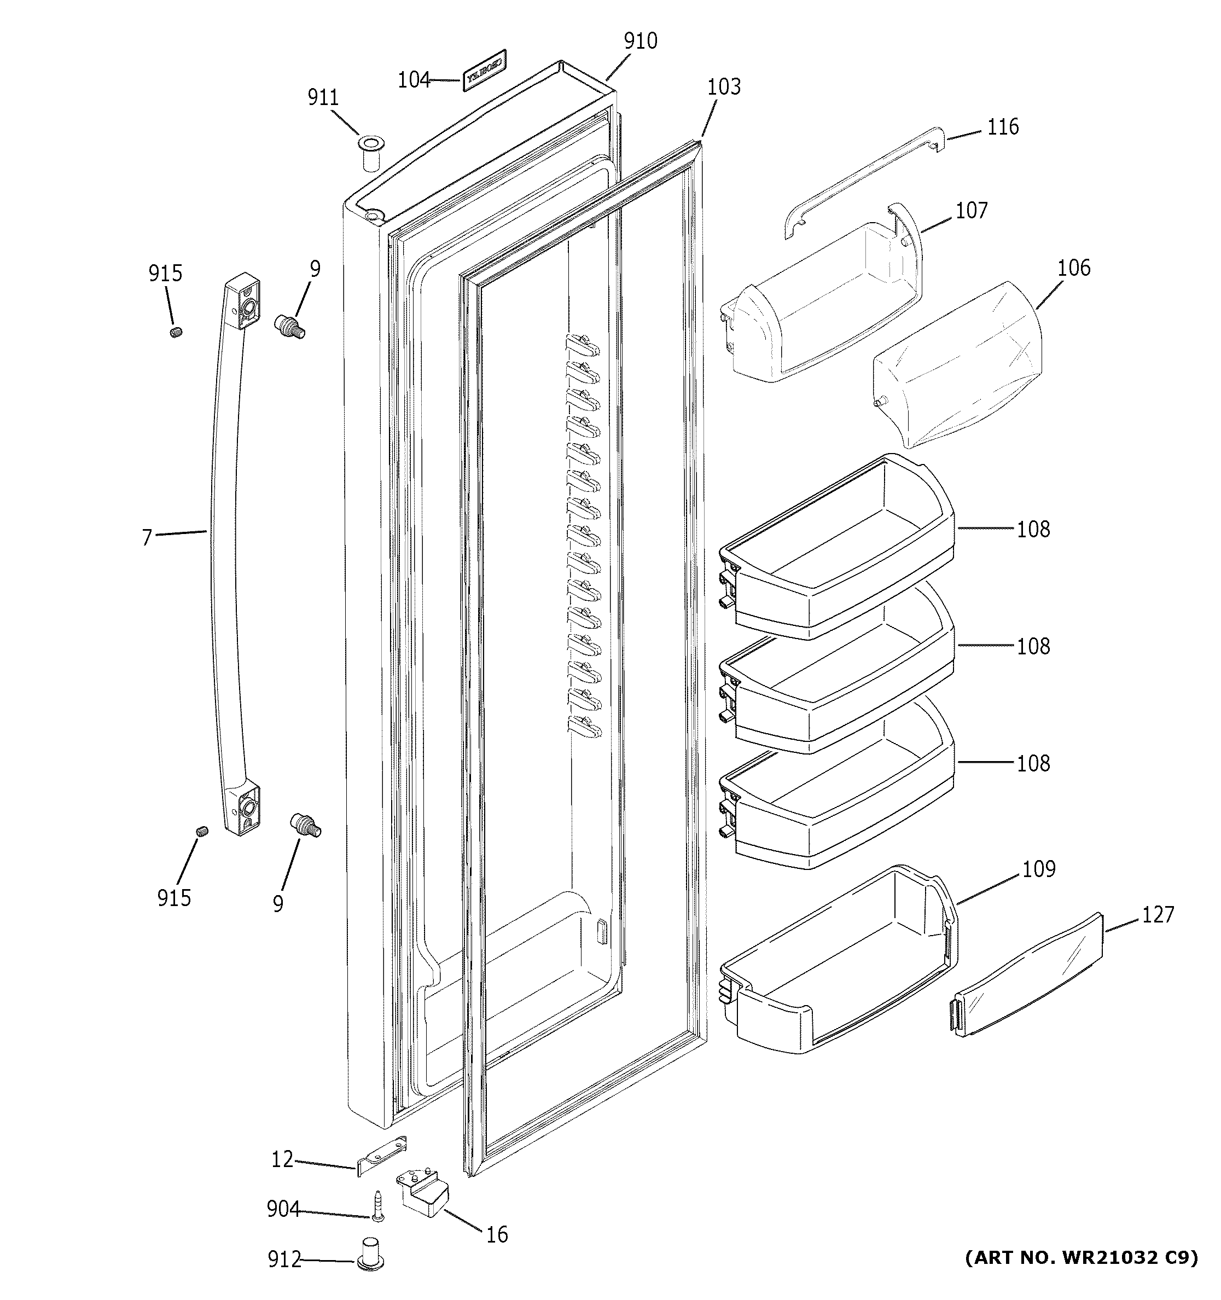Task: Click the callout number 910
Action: pyautogui.click(x=640, y=41)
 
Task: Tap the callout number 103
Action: pyautogui.click(x=724, y=87)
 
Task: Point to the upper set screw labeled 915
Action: pyautogui.click(x=175, y=332)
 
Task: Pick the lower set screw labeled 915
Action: pyautogui.click(x=202, y=831)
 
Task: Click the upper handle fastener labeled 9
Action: pyautogui.click(x=289, y=325)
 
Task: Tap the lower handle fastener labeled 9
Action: pyautogui.click(x=305, y=825)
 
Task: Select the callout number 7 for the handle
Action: pyautogui.click(x=147, y=537)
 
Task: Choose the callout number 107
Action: pyautogui.click(x=972, y=211)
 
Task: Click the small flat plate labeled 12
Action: pyautogui.click(x=381, y=1156)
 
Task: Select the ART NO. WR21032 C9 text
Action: pyautogui.click(x=1081, y=1257)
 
